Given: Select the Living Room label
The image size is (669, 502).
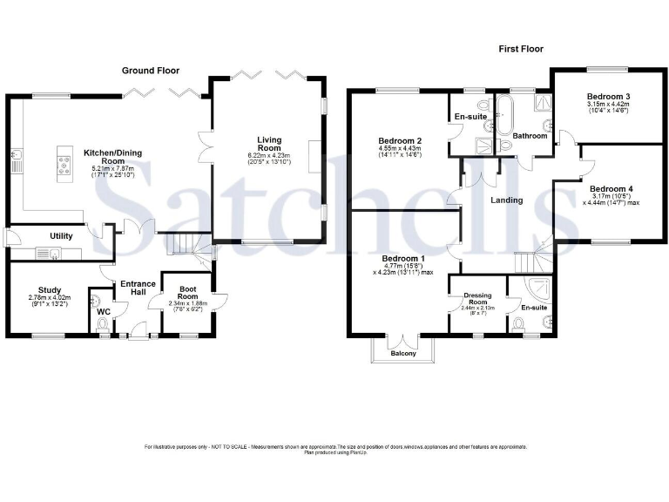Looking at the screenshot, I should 268,139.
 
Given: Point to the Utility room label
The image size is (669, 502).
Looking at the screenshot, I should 61,236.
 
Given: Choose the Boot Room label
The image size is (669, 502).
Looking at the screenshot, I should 192,290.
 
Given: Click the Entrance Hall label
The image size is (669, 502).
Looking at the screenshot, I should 137,288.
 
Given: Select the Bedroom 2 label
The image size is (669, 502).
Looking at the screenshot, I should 400,140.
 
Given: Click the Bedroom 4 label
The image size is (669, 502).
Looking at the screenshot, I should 611,188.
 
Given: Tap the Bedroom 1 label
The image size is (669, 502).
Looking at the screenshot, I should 403,259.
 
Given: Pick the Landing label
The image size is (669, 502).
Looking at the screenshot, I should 506,200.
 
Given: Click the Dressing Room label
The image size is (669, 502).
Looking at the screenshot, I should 478,296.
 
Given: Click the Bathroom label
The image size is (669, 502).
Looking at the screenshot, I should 530,136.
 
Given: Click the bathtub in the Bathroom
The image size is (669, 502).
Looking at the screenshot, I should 503,114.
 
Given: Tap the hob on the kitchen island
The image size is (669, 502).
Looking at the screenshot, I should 65,164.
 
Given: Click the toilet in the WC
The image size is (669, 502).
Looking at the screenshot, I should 103,325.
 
